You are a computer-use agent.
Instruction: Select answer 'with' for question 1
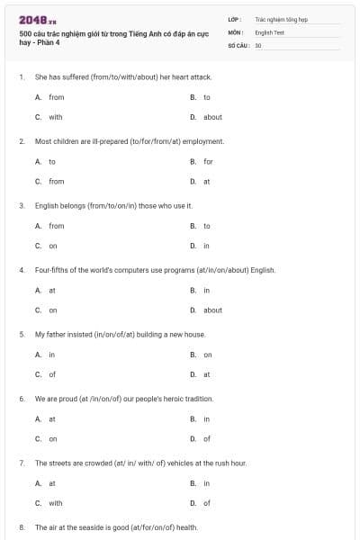click(x=55, y=117)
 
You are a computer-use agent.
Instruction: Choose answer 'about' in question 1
click(x=212, y=117)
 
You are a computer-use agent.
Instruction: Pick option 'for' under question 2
click(x=208, y=161)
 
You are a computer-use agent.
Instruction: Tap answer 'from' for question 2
click(x=56, y=181)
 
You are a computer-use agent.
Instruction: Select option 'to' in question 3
click(x=207, y=226)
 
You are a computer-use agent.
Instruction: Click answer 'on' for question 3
click(x=53, y=246)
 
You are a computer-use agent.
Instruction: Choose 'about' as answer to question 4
click(x=212, y=310)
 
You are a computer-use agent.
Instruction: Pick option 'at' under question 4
click(x=52, y=291)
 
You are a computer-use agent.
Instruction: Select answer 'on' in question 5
click(x=208, y=355)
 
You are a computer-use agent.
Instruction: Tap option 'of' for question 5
click(x=52, y=374)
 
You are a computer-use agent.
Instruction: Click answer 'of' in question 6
click(x=207, y=439)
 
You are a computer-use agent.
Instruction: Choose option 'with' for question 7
click(x=55, y=503)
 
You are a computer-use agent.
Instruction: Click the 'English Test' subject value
click(x=268, y=31)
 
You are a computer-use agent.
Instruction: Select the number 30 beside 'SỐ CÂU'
click(x=258, y=44)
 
